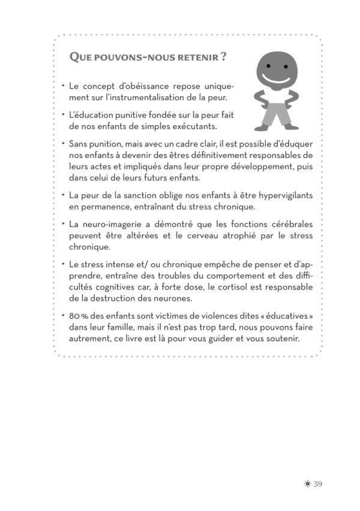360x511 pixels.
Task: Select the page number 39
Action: (318, 485)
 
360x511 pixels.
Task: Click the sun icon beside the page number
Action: (307, 485)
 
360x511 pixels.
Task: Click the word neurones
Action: (190, 298)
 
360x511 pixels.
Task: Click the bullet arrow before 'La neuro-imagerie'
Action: (64, 223)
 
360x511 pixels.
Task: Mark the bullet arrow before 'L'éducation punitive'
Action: (64, 115)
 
